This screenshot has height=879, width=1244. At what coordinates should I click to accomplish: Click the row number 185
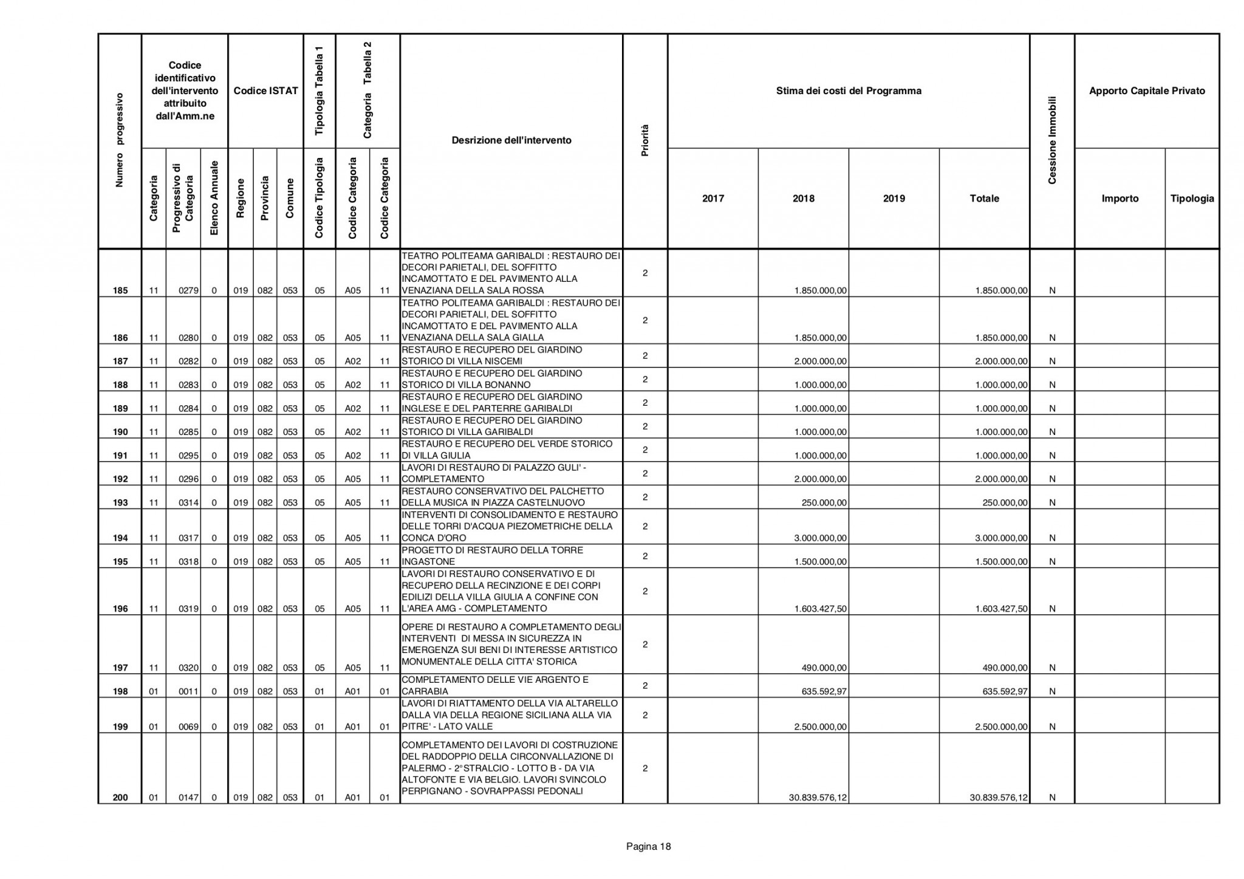[x=120, y=290]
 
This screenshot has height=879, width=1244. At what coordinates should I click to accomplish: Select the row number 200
[x=120, y=798]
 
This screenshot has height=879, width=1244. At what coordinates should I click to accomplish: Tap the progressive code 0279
[x=189, y=290]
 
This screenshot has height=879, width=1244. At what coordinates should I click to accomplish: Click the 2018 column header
[x=803, y=199]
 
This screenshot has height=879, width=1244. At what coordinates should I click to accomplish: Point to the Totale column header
[x=984, y=199]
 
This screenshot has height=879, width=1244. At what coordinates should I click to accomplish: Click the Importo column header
[x=1119, y=199]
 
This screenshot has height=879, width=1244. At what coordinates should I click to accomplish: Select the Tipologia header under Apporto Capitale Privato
[x=1192, y=199]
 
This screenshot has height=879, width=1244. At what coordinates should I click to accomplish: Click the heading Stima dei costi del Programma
[x=849, y=91]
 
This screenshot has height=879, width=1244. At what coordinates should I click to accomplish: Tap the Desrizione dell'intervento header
[x=511, y=140]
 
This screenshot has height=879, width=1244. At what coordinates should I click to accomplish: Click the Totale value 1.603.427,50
[x=1001, y=609]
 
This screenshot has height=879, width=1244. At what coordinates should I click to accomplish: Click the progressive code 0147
[x=189, y=798]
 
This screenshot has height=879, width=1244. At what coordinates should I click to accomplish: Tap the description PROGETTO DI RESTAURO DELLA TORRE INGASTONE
[x=492, y=556]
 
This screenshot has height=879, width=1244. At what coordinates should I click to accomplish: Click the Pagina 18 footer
[x=648, y=846]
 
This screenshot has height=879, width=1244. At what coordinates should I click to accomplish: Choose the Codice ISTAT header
[x=265, y=91]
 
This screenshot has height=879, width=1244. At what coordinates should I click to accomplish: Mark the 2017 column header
[x=713, y=199]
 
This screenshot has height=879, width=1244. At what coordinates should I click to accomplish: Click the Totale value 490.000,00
[x=1005, y=668]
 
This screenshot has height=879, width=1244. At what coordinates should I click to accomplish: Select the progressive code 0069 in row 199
[x=189, y=727]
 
